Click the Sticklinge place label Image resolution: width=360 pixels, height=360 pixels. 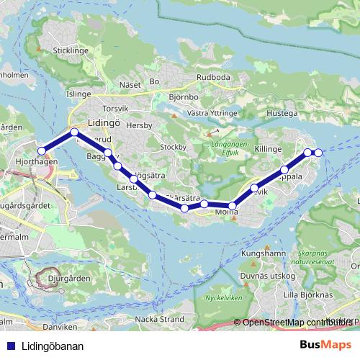[70, 51]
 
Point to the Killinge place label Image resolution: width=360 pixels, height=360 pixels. [268, 148]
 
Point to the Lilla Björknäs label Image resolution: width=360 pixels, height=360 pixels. [308, 294]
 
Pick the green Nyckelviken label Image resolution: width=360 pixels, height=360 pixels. [225, 297]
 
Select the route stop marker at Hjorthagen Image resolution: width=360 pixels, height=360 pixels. [42, 150]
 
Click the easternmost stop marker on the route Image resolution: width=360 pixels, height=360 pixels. [318, 152]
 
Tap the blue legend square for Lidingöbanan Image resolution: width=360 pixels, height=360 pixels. [9, 346]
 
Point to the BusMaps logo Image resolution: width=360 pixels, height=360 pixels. [325, 345]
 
